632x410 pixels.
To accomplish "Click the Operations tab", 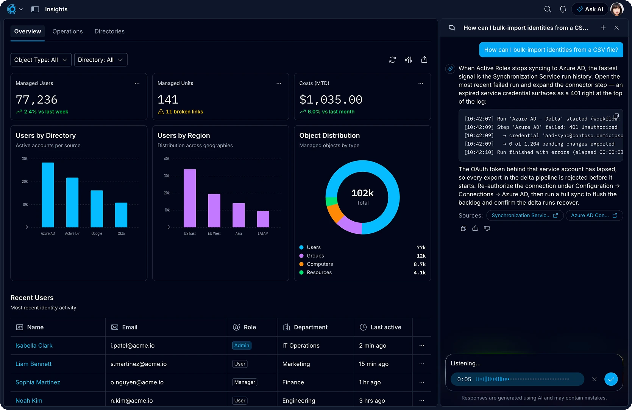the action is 67,31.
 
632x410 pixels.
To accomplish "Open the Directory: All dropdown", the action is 100,60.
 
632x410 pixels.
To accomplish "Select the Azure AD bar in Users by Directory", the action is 48,195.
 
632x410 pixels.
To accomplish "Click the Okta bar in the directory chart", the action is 121,215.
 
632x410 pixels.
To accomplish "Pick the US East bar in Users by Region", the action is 190,198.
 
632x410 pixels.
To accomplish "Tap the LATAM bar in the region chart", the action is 263,219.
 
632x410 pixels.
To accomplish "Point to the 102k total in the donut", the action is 362,193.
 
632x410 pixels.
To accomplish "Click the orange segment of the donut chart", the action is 334,213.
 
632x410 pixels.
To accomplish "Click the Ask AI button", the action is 590,9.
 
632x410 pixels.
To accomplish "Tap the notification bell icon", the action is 563,9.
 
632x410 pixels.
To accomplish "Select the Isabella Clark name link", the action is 34,345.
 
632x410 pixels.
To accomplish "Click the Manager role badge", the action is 244,382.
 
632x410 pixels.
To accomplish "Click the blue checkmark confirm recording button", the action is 611,379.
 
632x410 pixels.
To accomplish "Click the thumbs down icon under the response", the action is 487,228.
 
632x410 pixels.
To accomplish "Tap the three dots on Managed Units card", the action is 279,83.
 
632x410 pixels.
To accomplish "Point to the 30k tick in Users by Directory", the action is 25,158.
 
